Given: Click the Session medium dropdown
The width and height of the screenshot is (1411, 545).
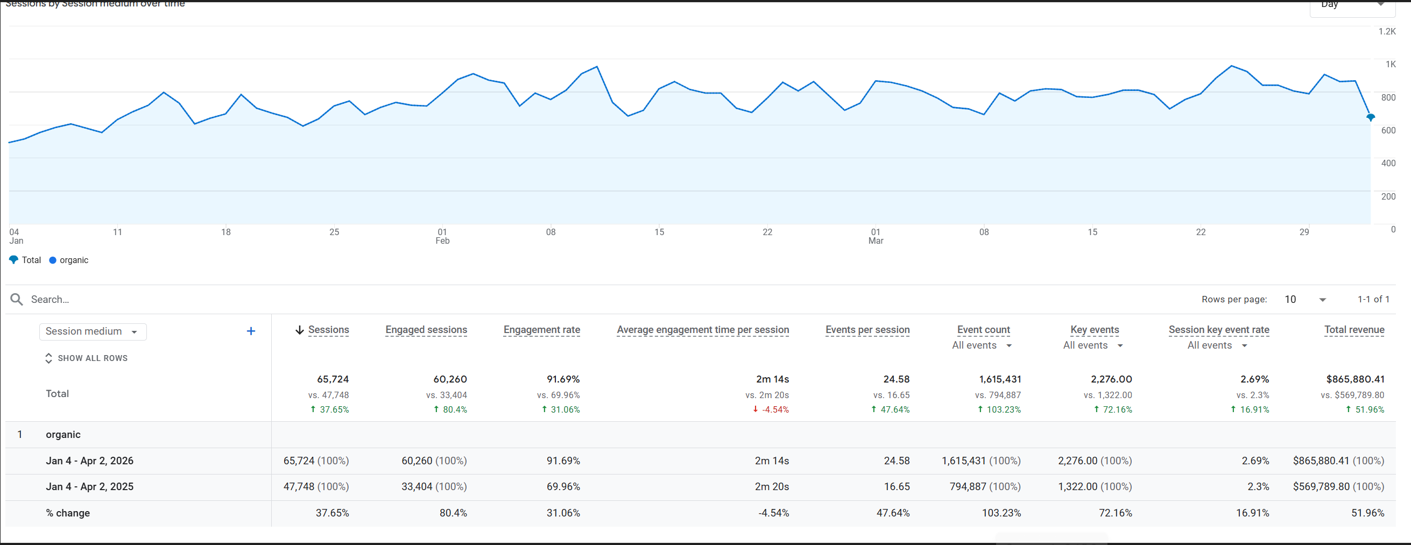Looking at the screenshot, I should (92, 331).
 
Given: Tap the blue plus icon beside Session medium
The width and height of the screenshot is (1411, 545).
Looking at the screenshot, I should (251, 331).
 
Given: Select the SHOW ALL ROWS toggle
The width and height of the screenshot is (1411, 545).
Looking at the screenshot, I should (87, 358).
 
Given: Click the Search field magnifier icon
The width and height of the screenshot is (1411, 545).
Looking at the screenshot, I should (17, 299).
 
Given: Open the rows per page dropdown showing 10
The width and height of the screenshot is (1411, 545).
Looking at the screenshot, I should (1306, 299).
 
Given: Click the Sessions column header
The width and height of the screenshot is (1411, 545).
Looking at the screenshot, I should (328, 330).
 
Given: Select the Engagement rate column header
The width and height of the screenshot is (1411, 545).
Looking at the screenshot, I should (541, 330).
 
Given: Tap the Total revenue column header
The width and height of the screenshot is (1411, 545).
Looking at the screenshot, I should (1353, 330).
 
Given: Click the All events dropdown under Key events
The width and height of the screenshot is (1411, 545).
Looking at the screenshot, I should (1093, 345).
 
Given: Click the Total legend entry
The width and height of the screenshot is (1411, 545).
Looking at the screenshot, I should (25, 260).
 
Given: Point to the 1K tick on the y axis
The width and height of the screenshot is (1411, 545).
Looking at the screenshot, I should (1390, 65).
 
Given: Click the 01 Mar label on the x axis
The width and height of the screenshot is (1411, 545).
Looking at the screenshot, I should (876, 236).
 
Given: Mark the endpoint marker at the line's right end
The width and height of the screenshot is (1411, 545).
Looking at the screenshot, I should (1370, 117).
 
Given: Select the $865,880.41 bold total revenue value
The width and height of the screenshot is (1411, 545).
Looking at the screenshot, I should (1354, 379).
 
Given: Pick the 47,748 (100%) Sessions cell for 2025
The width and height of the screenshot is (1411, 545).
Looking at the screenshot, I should (316, 486).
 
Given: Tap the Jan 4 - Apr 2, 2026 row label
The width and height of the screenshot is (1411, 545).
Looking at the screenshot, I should (90, 461).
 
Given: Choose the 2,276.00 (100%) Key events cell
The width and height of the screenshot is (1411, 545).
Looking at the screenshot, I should (1095, 461).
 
